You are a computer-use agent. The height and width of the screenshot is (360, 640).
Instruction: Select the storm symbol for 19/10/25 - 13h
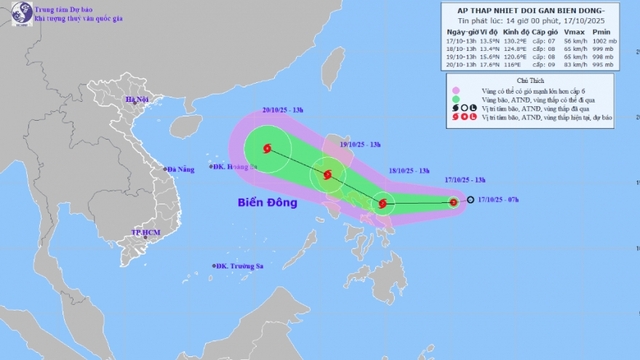tap(326, 179)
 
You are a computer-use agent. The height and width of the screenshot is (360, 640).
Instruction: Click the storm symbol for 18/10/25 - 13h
tap(383, 206)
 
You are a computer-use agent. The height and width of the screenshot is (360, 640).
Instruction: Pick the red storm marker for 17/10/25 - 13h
tap(454, 203)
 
